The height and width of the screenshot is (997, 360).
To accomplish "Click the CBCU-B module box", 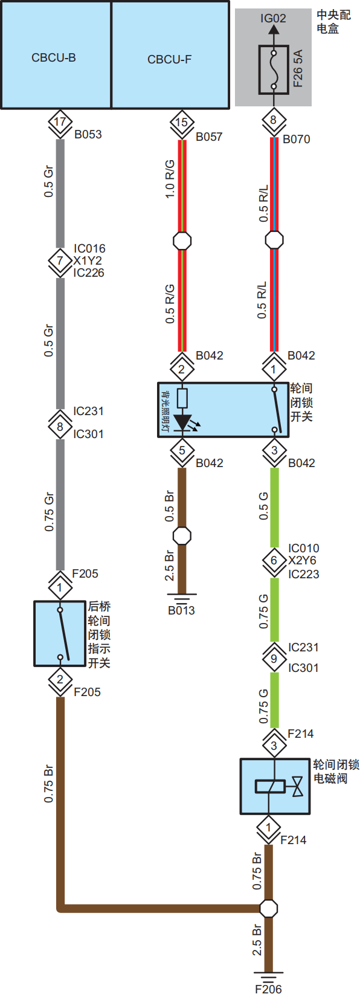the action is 56,55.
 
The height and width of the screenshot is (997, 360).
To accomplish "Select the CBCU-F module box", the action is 170,55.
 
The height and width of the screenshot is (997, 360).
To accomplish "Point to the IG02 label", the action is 273,18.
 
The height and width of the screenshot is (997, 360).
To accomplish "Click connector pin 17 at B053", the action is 60,121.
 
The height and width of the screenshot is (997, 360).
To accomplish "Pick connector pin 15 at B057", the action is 182,123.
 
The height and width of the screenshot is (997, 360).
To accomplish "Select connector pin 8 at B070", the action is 273,120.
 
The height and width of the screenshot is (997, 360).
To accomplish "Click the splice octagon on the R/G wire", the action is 182,241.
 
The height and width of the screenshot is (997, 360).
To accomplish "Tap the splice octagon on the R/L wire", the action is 274,240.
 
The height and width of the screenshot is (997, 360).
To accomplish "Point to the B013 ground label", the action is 182,610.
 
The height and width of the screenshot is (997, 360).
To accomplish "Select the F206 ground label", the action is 268,989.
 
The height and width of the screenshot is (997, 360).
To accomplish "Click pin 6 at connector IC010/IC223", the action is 274,561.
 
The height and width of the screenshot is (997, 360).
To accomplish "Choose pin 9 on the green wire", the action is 274,659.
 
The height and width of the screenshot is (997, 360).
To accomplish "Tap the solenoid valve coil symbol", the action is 269,787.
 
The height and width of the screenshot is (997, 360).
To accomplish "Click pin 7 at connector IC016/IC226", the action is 60,261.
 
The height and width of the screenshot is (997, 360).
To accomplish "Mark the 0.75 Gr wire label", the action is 49,512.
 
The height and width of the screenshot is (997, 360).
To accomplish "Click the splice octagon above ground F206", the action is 269,908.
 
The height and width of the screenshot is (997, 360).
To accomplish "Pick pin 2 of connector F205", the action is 60,680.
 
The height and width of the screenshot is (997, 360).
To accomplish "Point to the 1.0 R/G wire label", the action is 170,179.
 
